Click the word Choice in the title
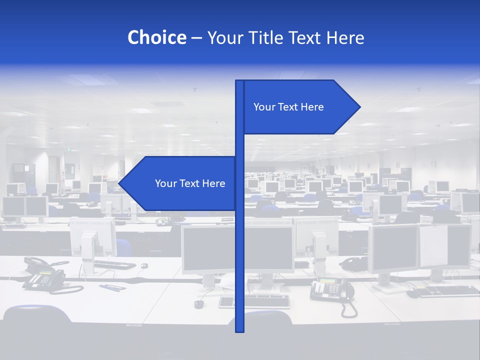tap(156, 37)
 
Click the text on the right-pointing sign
tap(288, 107)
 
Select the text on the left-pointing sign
tap(190, 183)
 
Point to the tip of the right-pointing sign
tap(359, 106)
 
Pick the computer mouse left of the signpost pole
tap(199, 303)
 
